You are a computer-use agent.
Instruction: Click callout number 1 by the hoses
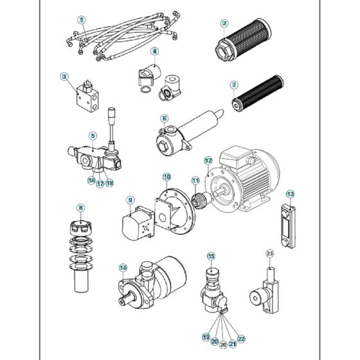tap(81, 20)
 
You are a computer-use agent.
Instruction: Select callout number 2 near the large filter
tap(224, 24)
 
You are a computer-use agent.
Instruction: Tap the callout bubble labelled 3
tap(64, 76)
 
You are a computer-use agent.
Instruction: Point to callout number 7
tap(234, 84)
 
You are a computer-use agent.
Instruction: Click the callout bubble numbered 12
tap(208, 160)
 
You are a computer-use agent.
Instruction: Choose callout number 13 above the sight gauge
tap(290, 194)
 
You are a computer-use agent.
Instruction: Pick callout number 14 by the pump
tap(123, 267)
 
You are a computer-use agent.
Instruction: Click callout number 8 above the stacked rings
tap(80, 208)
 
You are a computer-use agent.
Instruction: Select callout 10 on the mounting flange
tap(166, 176)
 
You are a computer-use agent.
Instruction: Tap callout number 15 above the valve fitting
tap(210, 256)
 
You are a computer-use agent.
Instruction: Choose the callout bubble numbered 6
tap(165, 118)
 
